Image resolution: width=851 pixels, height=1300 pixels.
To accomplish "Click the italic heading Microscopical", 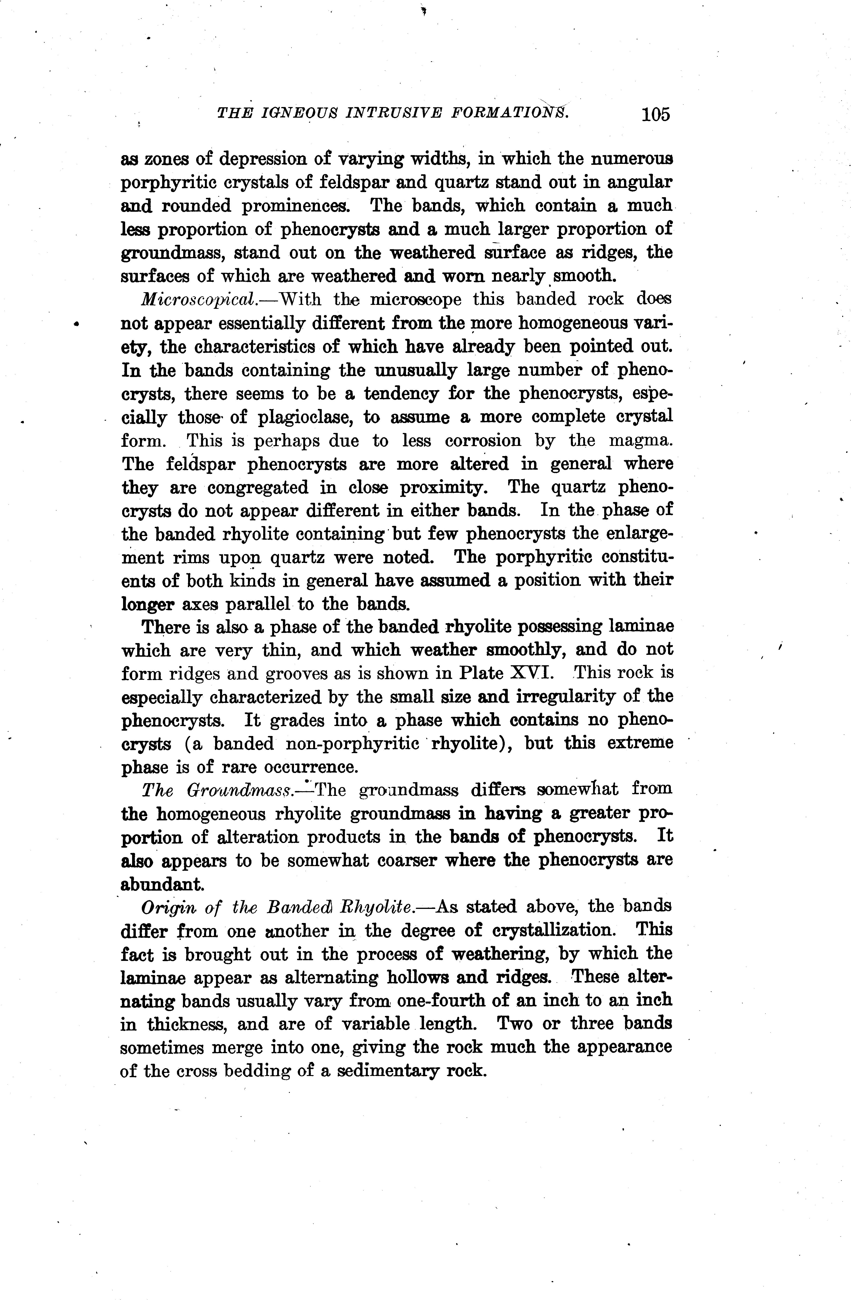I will (198, 300).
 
